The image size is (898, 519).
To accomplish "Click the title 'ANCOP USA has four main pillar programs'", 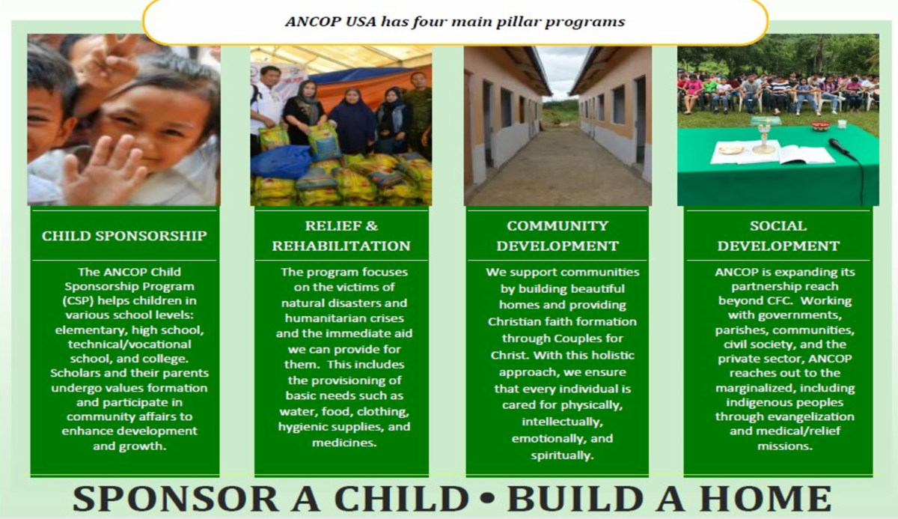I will pos(455,21).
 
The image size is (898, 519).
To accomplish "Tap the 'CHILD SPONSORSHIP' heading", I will pos(124,236).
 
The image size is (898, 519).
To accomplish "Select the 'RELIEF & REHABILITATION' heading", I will pos(341,235).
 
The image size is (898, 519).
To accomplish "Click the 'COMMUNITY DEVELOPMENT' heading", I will pos(558,235).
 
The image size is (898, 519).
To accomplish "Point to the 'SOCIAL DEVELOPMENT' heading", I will pos(778,235).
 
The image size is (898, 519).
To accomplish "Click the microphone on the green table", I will pos(842,148).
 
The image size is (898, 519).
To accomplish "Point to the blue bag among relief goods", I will pos(281,161).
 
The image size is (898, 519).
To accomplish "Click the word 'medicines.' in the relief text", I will pos(341,443).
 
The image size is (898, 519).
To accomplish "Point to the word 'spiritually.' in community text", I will pos(557,455).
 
